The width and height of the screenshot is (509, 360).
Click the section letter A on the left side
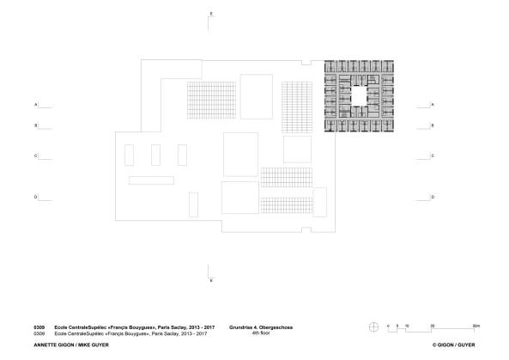point(35,105)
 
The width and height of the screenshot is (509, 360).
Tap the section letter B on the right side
point(433,125)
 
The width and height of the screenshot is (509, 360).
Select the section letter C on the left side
point(35,156)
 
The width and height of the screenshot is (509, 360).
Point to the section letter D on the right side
point(433,198)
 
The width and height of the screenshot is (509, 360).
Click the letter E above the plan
point(211,15)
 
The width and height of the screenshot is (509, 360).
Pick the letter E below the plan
point(211,281)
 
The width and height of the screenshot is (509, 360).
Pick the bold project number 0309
point(38,326)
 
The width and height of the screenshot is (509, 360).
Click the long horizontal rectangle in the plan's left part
point(152,180)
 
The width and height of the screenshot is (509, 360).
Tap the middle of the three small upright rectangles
point(156,156)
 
